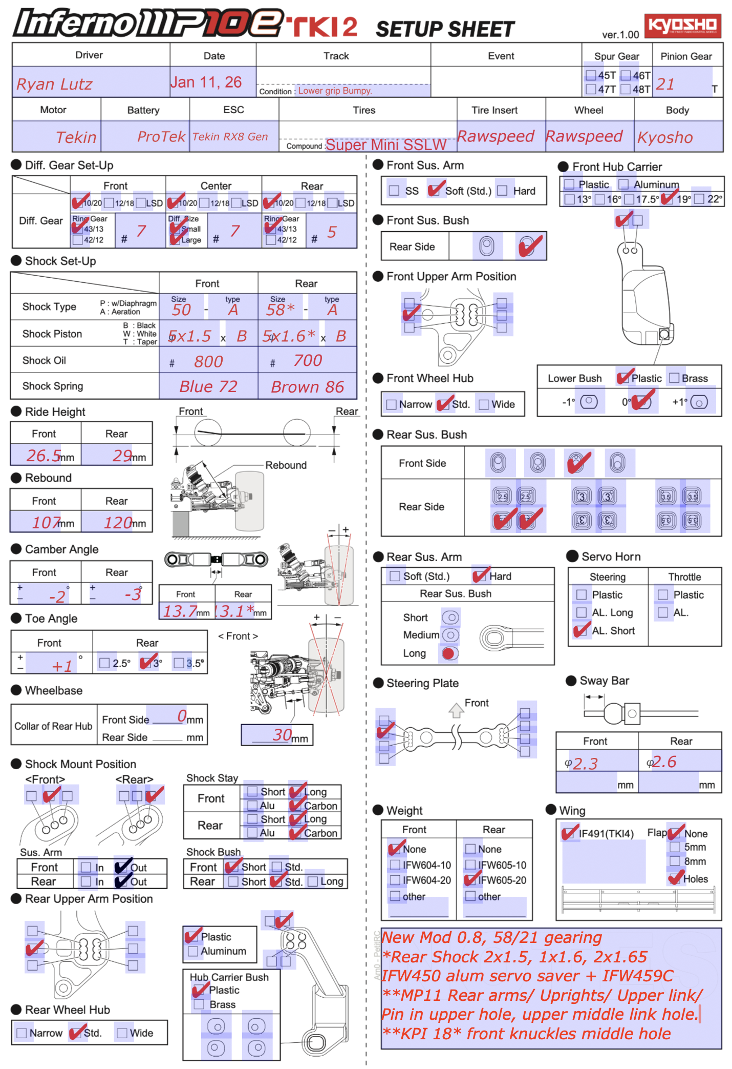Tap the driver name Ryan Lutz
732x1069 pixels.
[54, 84]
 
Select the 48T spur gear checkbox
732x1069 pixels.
[626, 89]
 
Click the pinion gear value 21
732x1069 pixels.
[665, 84]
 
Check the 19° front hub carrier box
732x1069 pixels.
[666, 199]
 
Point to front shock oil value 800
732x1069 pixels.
[208, 362]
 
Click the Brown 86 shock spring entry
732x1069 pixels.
[307, 387]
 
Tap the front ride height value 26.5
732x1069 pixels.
[44, 455]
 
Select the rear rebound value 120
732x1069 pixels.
[118, 523]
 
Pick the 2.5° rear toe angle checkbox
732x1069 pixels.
[105, 663]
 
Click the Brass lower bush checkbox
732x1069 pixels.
[674, 378]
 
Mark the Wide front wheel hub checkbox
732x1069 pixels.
[483, 404]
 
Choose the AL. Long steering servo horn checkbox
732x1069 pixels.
[582, 612]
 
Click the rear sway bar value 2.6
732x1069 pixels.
[664, 762]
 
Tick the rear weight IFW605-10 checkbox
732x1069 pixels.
[470, 865]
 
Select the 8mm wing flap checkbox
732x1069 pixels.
[675, 861]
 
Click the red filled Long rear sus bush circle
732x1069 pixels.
[449, 653]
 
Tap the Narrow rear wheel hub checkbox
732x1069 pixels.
[21, 1033]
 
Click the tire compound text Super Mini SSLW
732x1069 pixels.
[386, 145]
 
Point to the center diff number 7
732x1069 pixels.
[235, 231]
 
